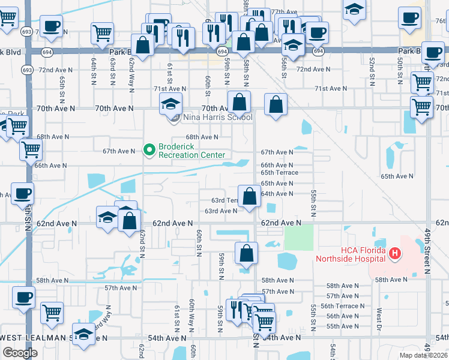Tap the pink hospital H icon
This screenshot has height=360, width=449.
coord(394,254)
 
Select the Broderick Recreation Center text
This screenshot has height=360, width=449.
coord(187,150)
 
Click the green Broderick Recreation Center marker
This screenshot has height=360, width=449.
coord(149,150)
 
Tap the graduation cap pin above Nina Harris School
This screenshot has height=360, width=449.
coord(170,105)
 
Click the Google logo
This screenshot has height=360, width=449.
coord(20,353)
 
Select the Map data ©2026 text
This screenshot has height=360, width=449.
coord(423,355)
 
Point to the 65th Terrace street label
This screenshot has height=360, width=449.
coord(279,173)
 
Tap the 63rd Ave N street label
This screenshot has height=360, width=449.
coord(220,211)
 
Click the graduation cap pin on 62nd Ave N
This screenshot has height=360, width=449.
coord(107,217)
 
